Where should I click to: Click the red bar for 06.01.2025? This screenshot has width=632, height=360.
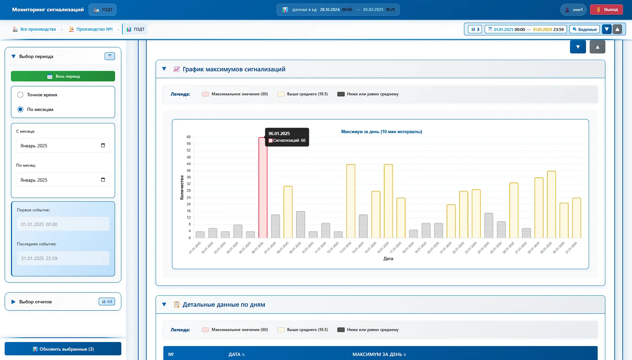click(x=263, y=188)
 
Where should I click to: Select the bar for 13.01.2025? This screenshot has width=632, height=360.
click(x=351, y=201)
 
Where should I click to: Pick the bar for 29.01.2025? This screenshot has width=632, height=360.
click(x=551, y=204)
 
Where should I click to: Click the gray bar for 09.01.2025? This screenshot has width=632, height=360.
click(x=301, y=225)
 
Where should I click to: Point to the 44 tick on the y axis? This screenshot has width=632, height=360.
click(x=189, y=164)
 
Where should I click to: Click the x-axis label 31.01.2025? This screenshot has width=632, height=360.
click(x=571, y=248)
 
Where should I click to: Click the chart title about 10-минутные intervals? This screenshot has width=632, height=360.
click(x=382, y=132)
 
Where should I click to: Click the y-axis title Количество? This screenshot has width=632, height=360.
click(x=182, y=187)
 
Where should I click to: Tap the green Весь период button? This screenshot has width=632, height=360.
click(x=63, y=76)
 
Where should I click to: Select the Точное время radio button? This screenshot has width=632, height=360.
click(x=20, y=95)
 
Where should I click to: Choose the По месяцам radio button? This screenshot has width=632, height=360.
click(x=20, y=109)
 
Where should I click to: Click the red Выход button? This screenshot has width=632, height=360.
click(x=606, y=10)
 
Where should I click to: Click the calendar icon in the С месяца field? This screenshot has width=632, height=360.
click(x=103, y=145)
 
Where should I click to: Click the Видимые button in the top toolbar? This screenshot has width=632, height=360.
click(x=584, y=29)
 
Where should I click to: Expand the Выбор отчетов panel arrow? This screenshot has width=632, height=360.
click(x=13, y=302)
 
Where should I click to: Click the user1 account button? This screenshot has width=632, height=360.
click(x=573, y=10)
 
